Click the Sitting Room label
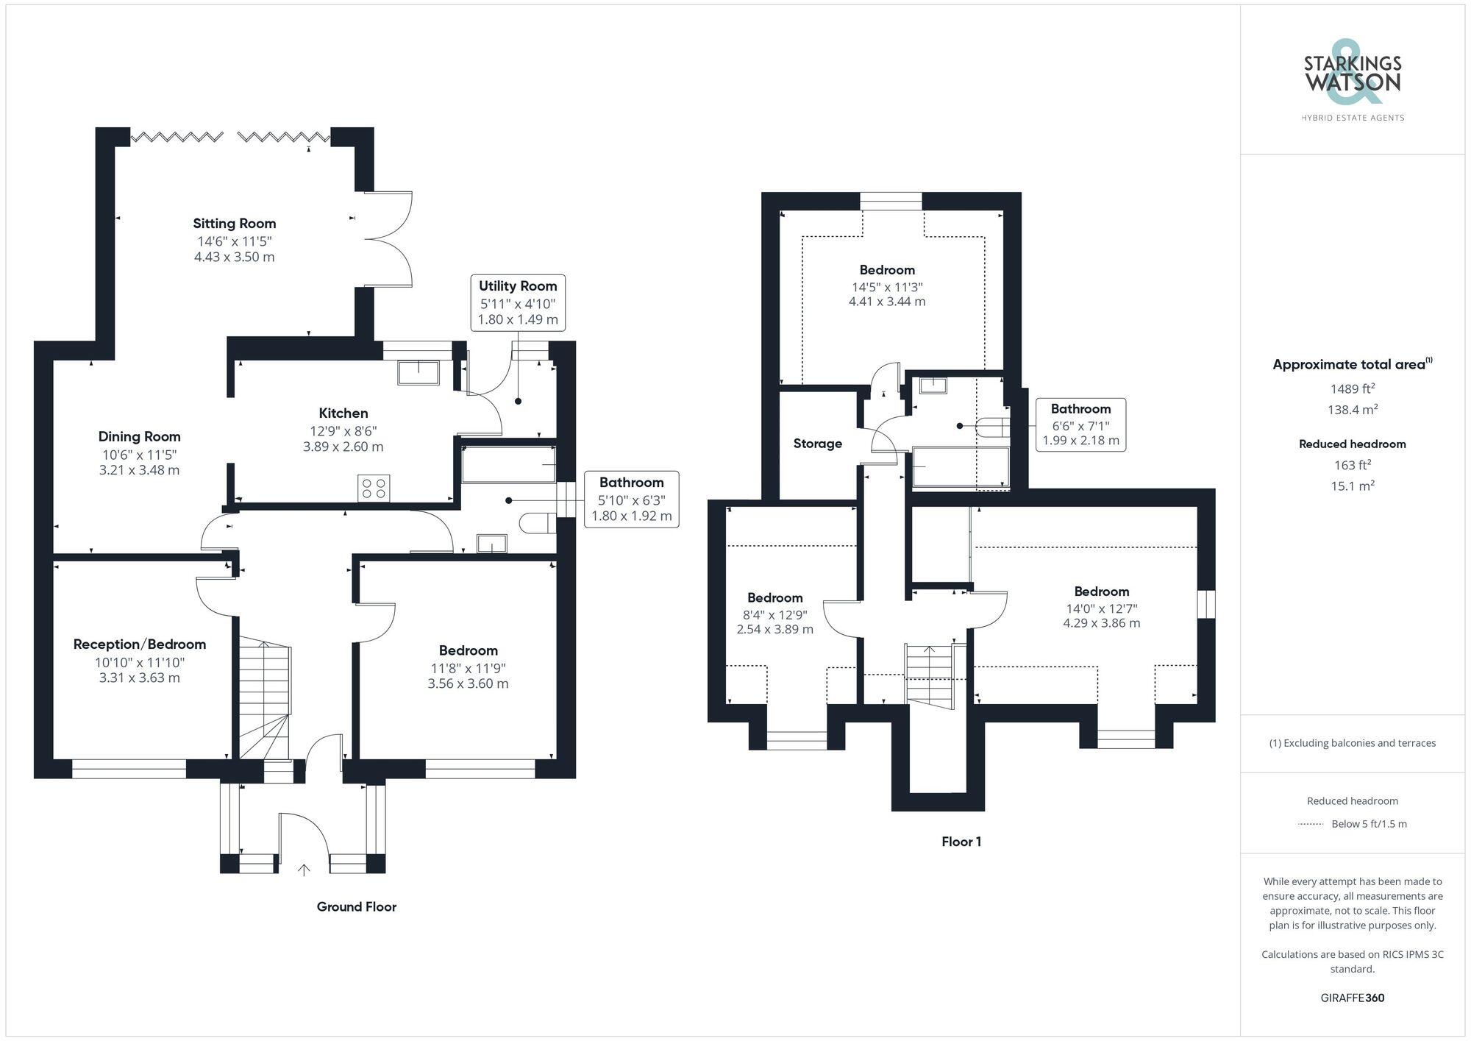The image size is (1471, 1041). (235, 224)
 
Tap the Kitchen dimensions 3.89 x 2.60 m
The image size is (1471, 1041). (343, 447)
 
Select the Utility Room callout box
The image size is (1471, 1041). (518, 302)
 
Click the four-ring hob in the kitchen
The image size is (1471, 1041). (374, 488)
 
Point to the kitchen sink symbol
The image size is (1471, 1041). (418, 372)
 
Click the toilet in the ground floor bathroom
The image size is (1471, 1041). (537, 524)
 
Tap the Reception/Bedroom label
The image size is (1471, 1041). (140, 644)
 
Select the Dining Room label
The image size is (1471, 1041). (140, 437)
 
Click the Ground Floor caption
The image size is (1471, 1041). (356, 907)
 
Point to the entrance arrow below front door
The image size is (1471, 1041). (304, 870)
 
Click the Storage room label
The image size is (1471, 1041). (817, 444)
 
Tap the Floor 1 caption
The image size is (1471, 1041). (961, 842)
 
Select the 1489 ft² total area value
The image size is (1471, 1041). (1353, 389)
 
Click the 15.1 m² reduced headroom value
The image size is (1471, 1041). (1353, 486)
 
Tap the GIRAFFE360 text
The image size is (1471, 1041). (1353, 998)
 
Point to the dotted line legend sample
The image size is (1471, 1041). (1311, 824)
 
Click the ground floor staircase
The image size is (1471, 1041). (264, 699)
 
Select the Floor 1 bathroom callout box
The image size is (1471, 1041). (1080, 424)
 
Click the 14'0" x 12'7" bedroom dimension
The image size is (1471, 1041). (1101, 608)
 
